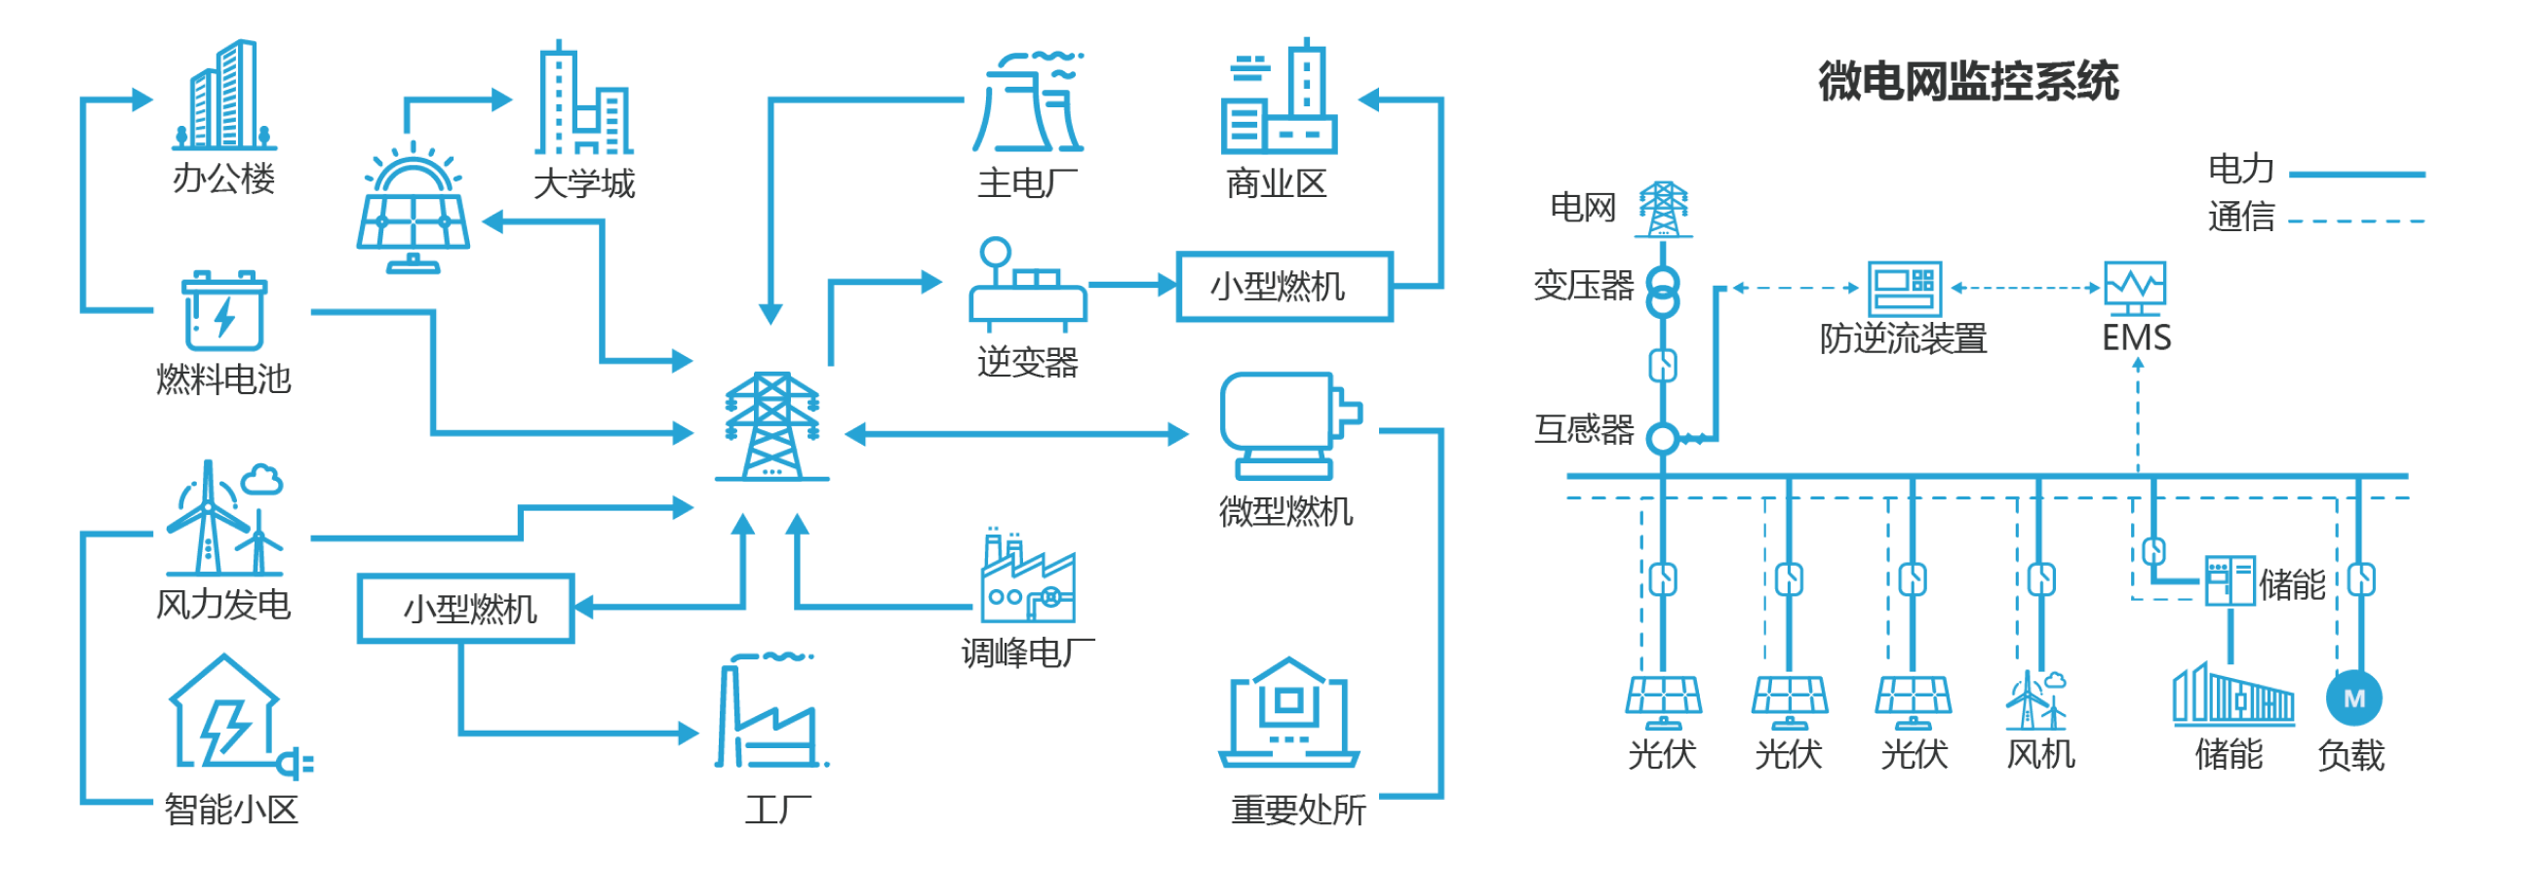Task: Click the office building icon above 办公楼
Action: [x=224, y=96]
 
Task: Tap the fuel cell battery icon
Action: [x=224, y=312]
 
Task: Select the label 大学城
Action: [x=584, y=184]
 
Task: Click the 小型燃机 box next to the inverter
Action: [x=1283, y=287]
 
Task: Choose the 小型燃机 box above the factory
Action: [x=466, y=609]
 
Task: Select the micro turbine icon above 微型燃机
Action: [x=1287, y=424]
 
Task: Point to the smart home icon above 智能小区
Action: [x=235, y=714]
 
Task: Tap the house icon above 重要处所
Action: [x=1288, y=714]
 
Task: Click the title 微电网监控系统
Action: [x=1968, y=81]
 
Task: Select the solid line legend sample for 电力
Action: [x=2356, y=175]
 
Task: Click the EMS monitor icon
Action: [x=2136, y=287]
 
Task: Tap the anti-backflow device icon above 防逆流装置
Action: [x=1905, y=288]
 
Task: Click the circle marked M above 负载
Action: [x=2353, y=698]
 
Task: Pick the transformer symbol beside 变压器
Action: [x=1661, y=293]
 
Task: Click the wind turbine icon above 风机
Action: [x=2037, y=701]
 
